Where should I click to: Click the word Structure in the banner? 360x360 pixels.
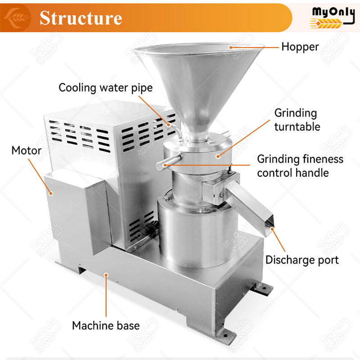tap(81, 18)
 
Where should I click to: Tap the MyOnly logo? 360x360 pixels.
tap(332, 18)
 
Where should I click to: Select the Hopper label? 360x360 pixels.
tap(300, 47)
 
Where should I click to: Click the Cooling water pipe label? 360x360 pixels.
tap(106, 88)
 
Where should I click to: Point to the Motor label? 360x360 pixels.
tap(27, 151)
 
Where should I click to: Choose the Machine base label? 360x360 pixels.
tap(106, 325)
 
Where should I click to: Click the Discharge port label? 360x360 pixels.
tap(302, 261)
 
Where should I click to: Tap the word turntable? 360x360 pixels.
tap(297, 127)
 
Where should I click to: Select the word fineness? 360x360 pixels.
tap(323, 159)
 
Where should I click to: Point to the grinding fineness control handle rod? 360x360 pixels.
tap(169, 162)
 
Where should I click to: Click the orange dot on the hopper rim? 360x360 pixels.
tap(231, 48)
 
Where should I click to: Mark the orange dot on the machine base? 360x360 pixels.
tap(106, 275)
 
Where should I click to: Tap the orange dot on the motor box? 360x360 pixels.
tap(51, 193)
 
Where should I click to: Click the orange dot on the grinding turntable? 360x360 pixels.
tap(218, 157)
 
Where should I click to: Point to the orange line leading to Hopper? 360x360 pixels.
tap(255, 48)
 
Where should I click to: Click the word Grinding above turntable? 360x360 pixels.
tap(296, 113)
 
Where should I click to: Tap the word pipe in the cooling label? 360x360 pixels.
tap(142, 88)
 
